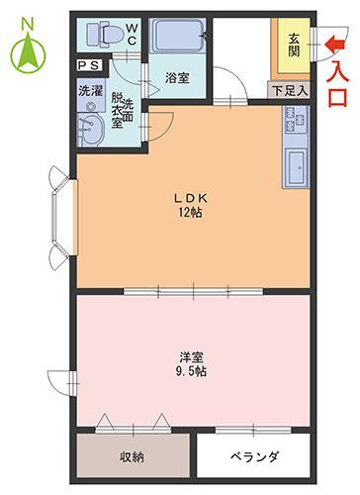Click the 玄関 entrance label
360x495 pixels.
294,45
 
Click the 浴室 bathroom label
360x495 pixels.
177,75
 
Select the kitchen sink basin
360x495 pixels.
297,166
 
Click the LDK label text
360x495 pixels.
190,196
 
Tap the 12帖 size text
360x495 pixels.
190,212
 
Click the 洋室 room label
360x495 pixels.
192,356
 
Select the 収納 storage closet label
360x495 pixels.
134,458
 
